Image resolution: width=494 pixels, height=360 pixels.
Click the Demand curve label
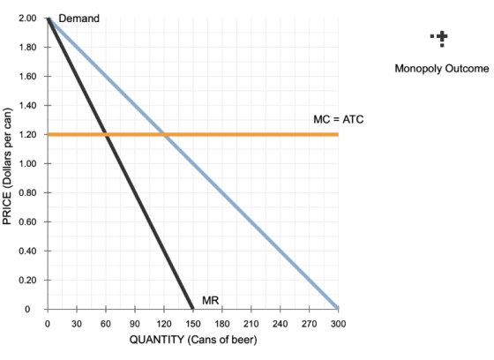click(x=79, y=19)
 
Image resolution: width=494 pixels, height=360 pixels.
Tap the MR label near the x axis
click(x=210, y=300)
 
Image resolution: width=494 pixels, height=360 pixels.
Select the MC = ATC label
click(x=339, y=119)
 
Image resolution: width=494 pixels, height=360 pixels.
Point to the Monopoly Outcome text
click(x=442, y=69)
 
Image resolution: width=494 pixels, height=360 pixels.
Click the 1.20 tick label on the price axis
click(x=27, y=135)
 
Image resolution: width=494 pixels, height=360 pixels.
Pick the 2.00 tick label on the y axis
click(x=27, y=19)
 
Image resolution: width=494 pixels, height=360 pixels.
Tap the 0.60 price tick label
click(x=27, y=222)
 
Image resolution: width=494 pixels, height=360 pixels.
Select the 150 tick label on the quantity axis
click(x=193, y=324)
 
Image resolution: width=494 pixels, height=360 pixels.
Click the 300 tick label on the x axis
click(x=338, y=324)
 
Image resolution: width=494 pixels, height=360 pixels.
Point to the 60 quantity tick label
click(x=106, y=324)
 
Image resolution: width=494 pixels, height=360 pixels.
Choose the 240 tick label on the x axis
click(x=281, y=324)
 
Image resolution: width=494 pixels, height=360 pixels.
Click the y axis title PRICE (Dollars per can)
click(x=7, y=166)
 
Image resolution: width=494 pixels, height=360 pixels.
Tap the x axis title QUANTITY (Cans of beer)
click(x=193, y=340)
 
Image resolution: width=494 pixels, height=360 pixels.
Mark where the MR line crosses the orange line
click(x=106, y=135)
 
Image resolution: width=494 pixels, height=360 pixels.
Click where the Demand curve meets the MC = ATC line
click(x=164, y=135)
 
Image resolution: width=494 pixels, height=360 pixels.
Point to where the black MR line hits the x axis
click(x=192, y=309)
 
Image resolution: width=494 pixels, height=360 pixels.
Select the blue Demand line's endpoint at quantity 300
click(x=338, y=308)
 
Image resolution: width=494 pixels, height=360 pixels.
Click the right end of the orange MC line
click(x=339, y=135)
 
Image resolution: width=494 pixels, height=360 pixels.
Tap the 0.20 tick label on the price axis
click(x=27, y=280)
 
